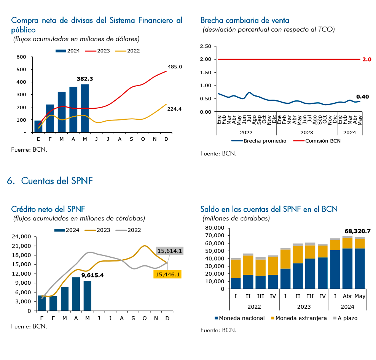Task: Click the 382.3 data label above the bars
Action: pyautogui.click(x=84, y=79)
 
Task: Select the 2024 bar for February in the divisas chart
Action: pyautogui.click(x=50, y=118)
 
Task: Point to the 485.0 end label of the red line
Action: pyautogui.click(x=175, y=67)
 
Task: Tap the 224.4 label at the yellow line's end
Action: pyautogui.click(x=174, y=109)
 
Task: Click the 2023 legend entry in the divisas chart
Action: pyautogui.click(x=97, y=51)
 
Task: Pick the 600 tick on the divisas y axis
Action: pyautogui.click(x=21, y=57)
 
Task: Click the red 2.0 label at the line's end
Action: pyautogui.click(x=366, y=59)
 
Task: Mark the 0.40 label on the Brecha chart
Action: pyautogui.click(x=362, y=97)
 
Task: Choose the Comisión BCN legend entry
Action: pyautogui.click(x=317, y=141)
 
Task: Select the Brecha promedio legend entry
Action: pyautogui.click(x=259, y=141)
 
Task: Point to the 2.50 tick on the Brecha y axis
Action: pyautogui.click(x=206, y=46)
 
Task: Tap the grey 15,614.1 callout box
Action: pyautogui.click(x=170, y=251)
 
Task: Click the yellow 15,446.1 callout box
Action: pyautogui.click(x=167, y=274)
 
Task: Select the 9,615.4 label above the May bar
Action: pyautogui.click(x=92, y=275)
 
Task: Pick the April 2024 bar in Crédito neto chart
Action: pyautogui.click(x=76, y=294)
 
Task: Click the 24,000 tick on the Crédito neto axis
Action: pyautogui.click(x=21, y=237)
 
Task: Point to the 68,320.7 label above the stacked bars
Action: pyautogui.click(x=357, y=231)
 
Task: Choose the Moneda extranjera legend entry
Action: pyautogui.click(x=299, y=318)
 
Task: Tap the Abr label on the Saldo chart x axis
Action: pyautogui.click(x=347, y=296)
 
